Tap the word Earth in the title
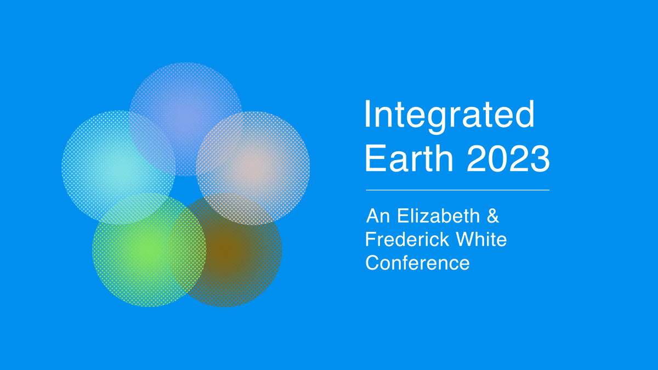(x=409, y=158)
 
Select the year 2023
(x=508, y=158)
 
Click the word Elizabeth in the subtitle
(x=439, y=216)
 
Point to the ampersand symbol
(x=493, y=216)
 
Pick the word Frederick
(x=407, y=240)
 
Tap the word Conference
(x=417, y=263)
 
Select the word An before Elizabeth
(x=378, y=216)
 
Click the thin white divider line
(x=458, y=190)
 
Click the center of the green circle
(x=149, y=250)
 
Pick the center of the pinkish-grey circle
(x=253, y=168)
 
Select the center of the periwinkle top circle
(x=185, y=119)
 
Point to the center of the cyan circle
(x=118, y=167)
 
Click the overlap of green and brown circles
(x=188, y=250)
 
